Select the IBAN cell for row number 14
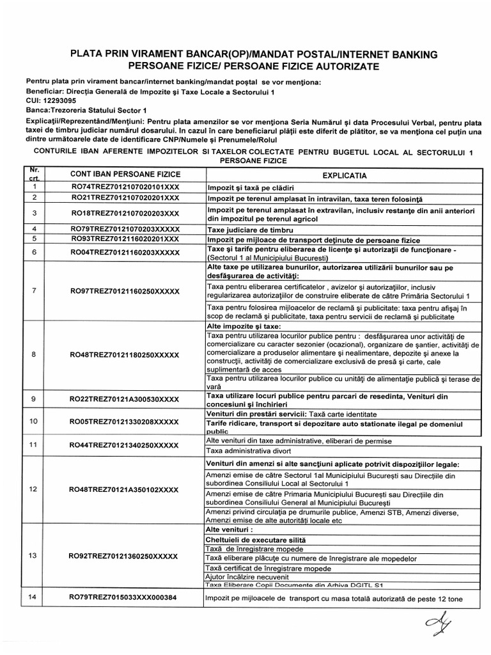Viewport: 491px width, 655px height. click(123, 597)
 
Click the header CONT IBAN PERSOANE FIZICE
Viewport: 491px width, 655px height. click(116, 174)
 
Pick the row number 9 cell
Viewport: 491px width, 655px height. click(33, 400)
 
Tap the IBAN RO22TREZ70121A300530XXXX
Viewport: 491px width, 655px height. click(124, 400)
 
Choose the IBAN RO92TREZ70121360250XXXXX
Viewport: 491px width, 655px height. click(123, 556)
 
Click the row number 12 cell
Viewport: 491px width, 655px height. click(33, 489)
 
